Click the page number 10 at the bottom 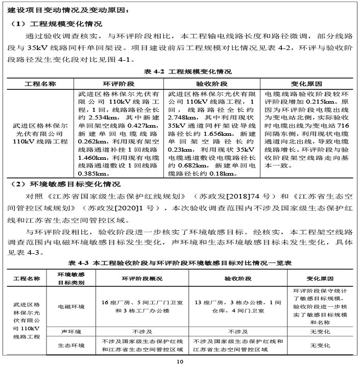point(180,361)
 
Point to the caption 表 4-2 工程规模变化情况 point(180,71)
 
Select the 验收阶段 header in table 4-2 point(211,83)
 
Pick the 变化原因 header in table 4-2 point(306,83)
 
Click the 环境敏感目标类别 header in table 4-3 point(71,278)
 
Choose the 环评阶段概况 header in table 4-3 point(141,279)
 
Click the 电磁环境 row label point(71,307)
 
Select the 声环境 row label point(71,332)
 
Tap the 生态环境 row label point(71,346)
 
